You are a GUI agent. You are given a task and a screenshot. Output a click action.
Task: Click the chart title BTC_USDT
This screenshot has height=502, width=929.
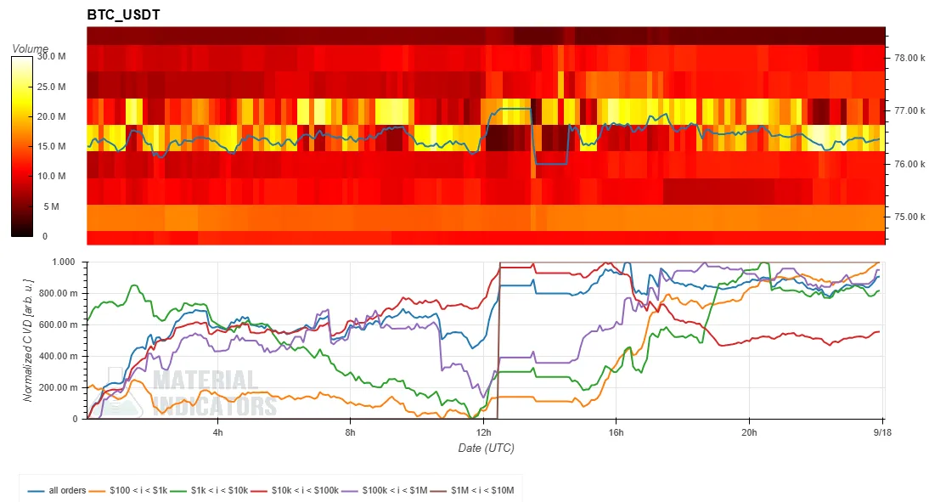(x=123, y=14)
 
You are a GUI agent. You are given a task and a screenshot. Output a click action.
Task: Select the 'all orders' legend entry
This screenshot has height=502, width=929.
(x=57, y=491)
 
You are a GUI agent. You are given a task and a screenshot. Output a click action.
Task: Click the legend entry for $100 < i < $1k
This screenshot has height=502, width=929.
(x=128, y=491)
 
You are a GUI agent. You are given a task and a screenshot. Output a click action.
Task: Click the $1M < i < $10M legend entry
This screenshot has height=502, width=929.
(x=472, y=491)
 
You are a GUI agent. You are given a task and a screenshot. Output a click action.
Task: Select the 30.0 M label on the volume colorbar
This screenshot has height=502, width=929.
(x=52, y=56)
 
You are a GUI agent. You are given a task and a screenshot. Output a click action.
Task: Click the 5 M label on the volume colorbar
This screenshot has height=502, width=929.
(x=52, y=207)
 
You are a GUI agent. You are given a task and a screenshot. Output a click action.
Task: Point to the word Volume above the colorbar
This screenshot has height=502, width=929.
(x=31, y=48)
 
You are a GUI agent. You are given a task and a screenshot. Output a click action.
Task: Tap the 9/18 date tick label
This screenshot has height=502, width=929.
(x=882, y=432)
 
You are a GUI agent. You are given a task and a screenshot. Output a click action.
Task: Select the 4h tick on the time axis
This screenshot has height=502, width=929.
(x=218, y=432)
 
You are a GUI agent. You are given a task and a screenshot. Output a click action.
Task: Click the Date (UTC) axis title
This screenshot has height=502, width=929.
(x=486, y=448)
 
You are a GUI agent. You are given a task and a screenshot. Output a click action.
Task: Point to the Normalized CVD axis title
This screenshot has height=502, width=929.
(x=28, y=341)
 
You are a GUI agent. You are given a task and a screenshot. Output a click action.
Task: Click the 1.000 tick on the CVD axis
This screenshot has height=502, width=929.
(x=64, y=262)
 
